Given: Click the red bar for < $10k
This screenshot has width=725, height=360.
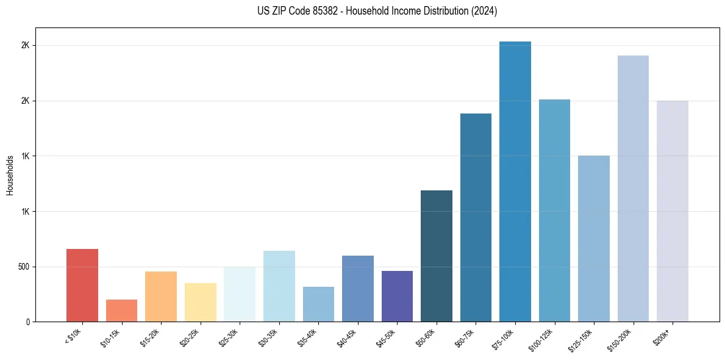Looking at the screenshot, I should (82, 286).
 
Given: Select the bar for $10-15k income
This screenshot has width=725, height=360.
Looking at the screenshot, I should (121, 311).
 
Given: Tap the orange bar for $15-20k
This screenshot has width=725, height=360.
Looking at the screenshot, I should (161, 297).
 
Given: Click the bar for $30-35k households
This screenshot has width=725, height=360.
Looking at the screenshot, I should (279, 286).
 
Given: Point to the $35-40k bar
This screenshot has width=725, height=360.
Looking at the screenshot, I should (318, 304).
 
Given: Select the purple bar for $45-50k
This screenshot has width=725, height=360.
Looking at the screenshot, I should (397, 297).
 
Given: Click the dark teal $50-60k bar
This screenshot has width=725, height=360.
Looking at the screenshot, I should (437, 256).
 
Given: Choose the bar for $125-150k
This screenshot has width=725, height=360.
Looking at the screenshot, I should (594, 239).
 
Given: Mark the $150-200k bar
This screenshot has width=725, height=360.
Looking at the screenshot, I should (633, 189).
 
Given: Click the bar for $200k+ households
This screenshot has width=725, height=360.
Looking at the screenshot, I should (673, 211).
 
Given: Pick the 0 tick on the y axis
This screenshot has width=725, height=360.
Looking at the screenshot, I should (28, 322).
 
